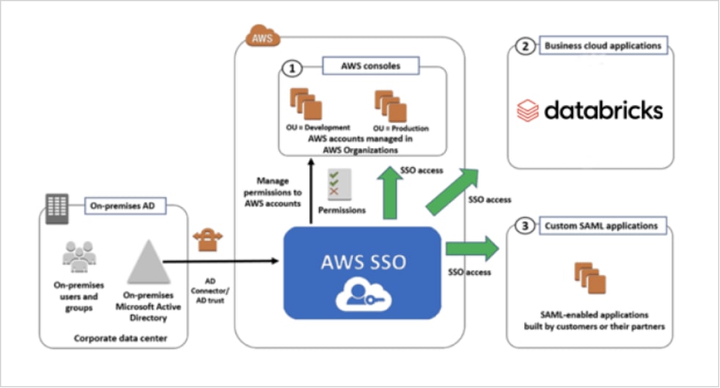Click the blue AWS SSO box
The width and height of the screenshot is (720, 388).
(362, 272)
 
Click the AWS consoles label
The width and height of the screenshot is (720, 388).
(371, 67)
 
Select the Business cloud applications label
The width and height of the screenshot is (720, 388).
(602, 46)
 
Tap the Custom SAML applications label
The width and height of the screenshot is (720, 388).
(602, 225)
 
